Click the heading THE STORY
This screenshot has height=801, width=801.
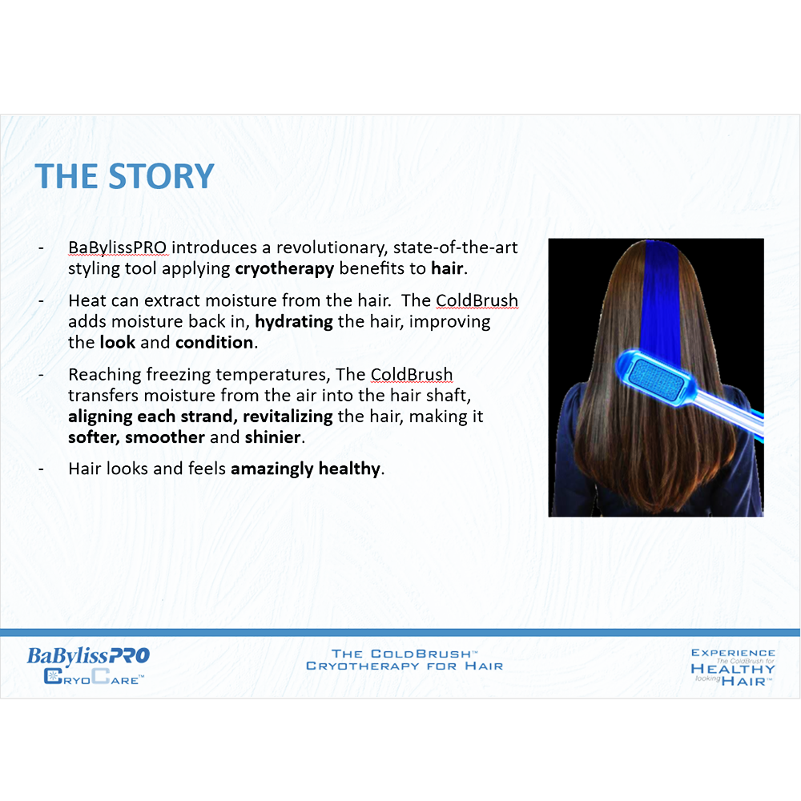(124, 176)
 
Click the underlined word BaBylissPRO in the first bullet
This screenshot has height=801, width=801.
(118, 248)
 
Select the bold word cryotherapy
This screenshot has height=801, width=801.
(284, 268)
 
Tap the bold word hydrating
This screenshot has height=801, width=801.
(294, 322)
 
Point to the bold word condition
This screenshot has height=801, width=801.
(214, 342)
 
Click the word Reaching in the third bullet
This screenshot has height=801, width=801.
(105, 375)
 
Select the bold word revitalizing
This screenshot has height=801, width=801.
(288, 417)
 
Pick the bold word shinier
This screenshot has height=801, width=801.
(273, 437)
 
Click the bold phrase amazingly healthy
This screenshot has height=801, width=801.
(305, 469)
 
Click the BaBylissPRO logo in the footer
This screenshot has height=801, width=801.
(88, 655)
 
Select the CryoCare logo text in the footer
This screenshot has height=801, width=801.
(94, 678)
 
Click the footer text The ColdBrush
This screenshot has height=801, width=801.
(404, 654)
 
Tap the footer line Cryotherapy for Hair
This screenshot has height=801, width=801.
(405, 666)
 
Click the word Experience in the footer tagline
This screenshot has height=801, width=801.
(733, 653)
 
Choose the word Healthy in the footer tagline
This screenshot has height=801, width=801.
(733, 669)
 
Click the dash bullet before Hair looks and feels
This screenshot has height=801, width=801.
(41, 469)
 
